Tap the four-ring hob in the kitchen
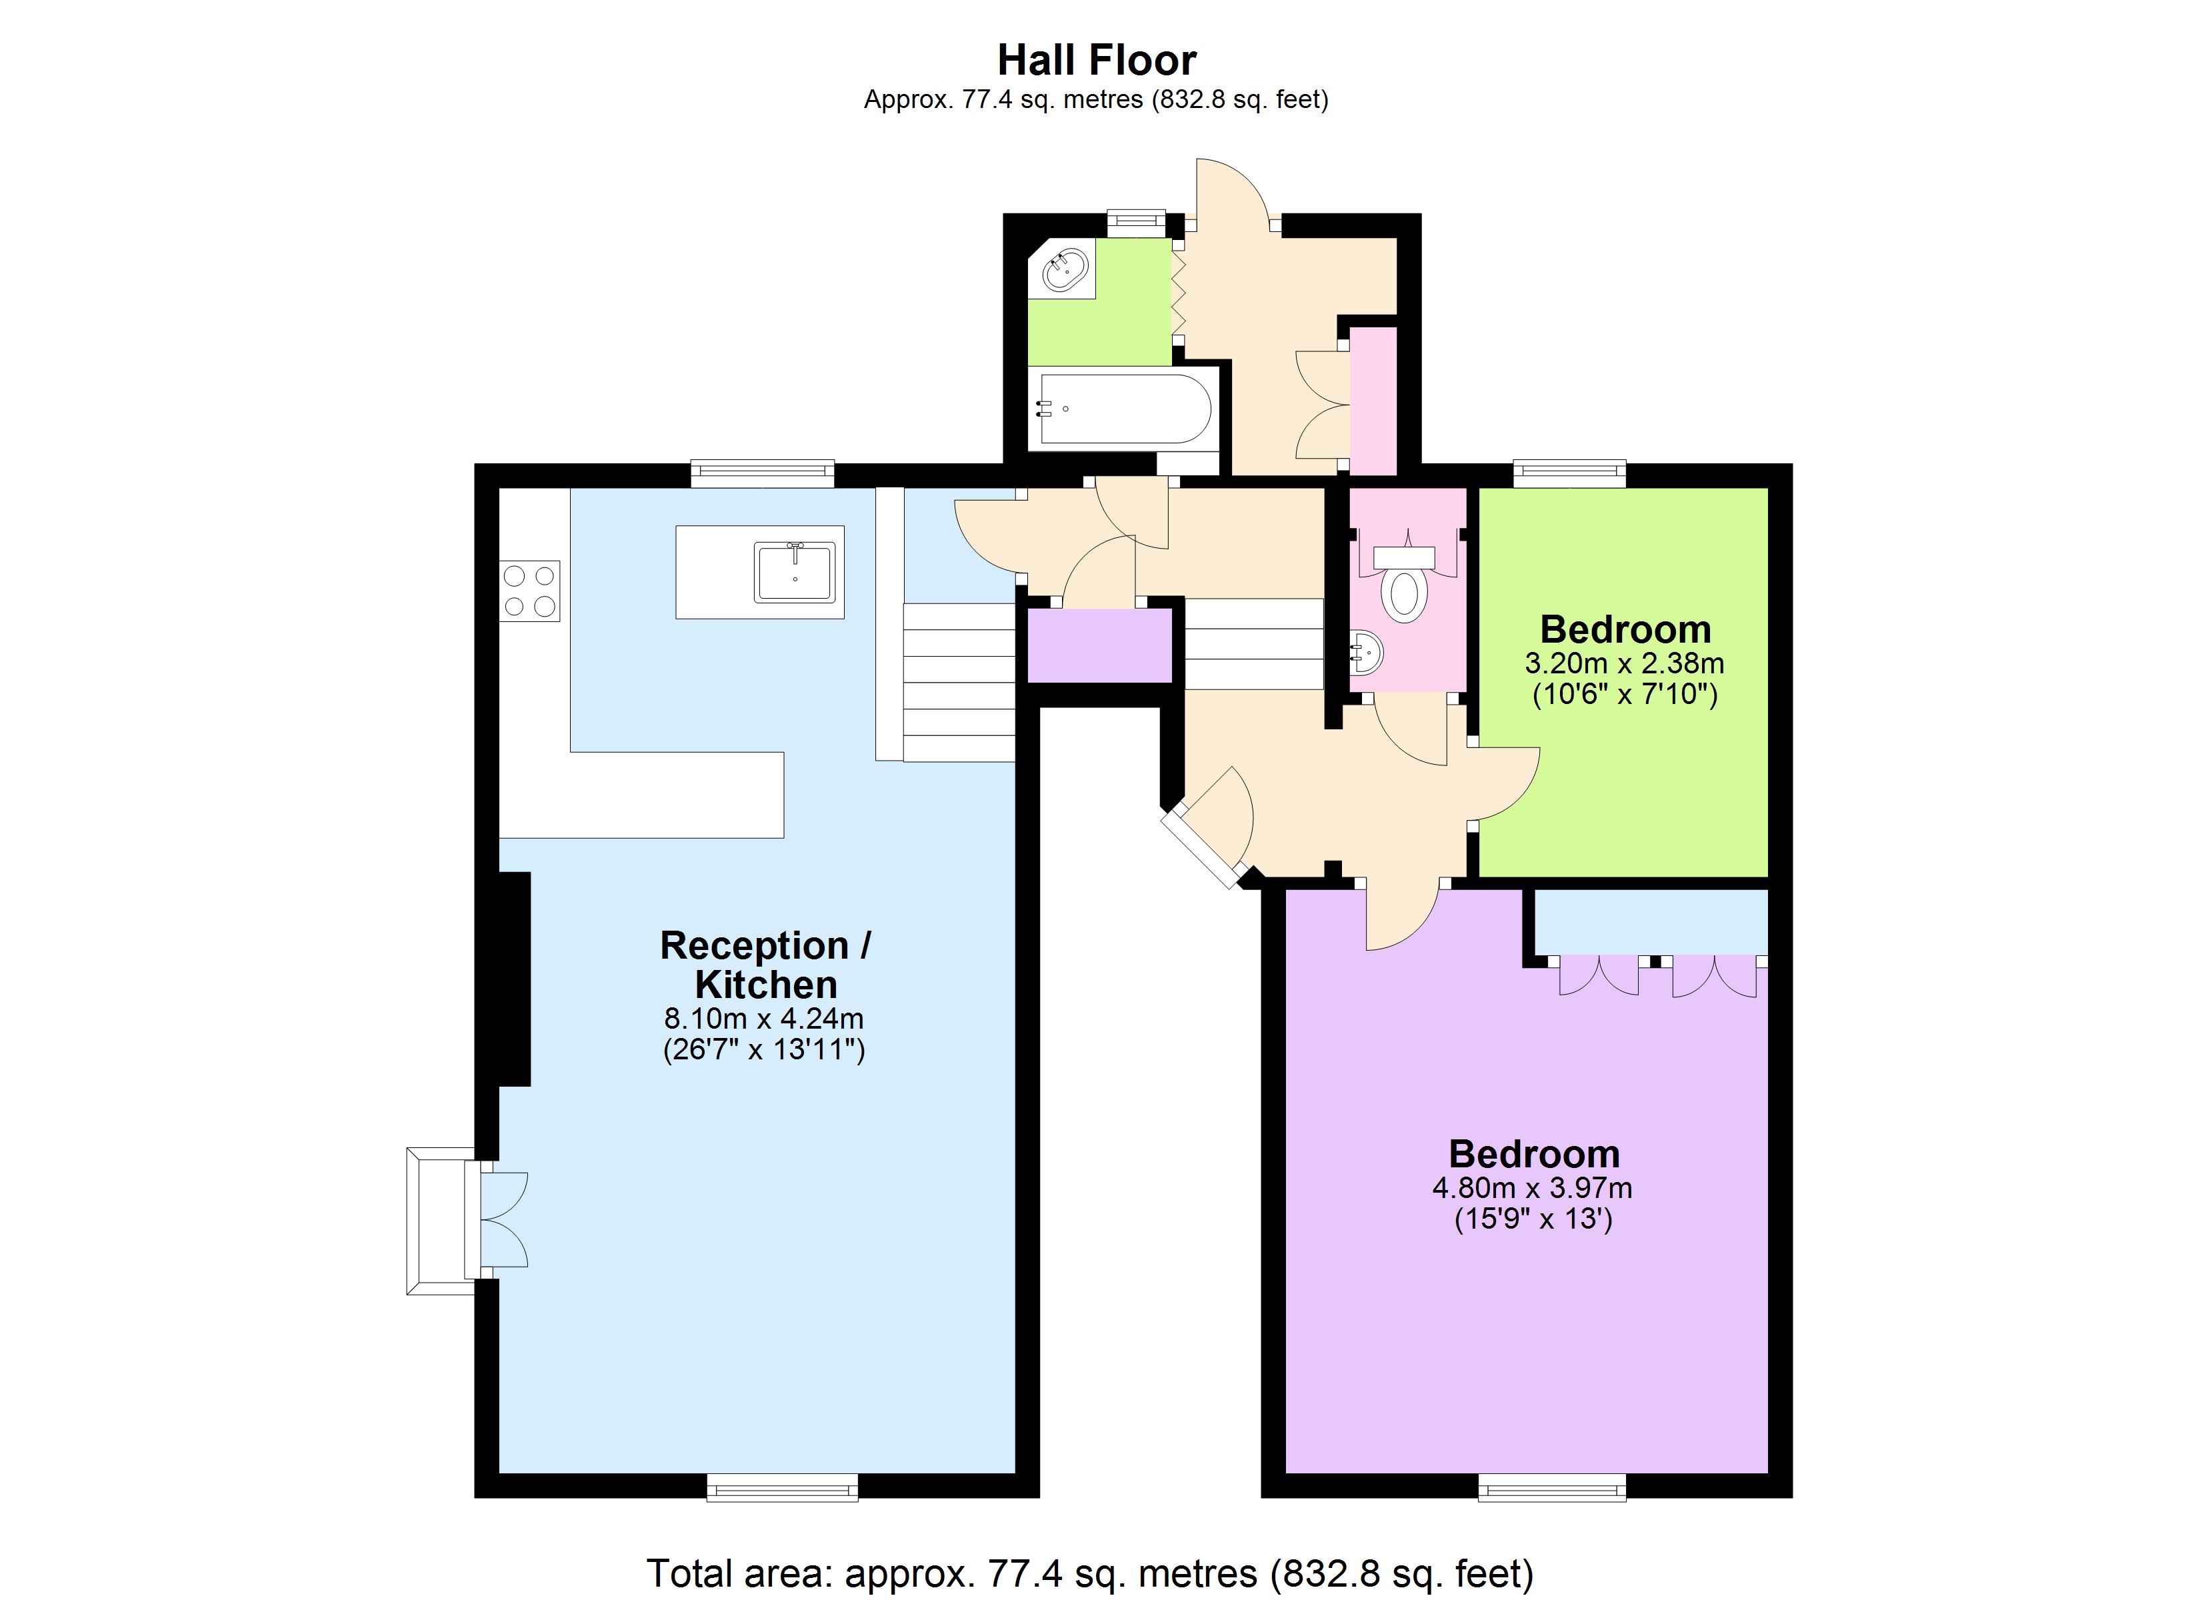click(529, 590)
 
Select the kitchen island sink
click(795, 573)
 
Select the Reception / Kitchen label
click(765, 965)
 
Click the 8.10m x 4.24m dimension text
click(763, 1018)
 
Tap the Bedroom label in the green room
click(1625, 630)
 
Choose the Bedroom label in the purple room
click(1533, 1154)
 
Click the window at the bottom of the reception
click(782, 1487)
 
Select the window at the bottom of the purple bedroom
click(1552, 1487)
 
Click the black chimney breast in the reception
click(513, 978)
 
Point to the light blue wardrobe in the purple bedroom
click(1650, 922)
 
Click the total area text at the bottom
click(1089, 1573)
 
